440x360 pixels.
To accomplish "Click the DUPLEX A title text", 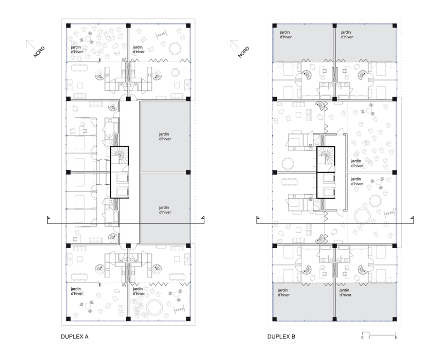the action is click(x=75, y=336).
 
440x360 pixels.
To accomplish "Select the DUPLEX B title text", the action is click(x=281, y=336).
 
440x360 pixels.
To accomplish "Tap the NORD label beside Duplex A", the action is click(x=39, y=52).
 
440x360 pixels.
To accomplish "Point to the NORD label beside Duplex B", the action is click(x=243, y=52).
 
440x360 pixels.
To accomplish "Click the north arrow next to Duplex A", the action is click(x=30, y=44).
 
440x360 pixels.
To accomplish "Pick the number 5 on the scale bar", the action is click(x=396, y=338).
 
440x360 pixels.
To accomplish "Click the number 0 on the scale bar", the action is click(x=362, y=338).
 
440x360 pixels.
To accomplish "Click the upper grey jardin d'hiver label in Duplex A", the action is click(x=165, y=136).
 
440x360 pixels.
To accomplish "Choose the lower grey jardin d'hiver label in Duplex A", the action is click(x=165, y=210).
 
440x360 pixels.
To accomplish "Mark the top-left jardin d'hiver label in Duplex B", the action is click(x=286, y=34).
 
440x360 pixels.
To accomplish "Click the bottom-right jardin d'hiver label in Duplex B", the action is click(x=345, y=293).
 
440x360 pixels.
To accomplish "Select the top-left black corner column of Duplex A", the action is click(x=68, y=25).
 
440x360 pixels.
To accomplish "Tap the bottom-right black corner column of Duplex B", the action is click(x=394, y=319).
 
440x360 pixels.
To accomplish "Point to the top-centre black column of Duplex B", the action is click(x=334, y=25).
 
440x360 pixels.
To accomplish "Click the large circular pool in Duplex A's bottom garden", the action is click(x=154, y=308).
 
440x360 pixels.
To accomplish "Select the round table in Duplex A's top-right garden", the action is click(x=174, y=48).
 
